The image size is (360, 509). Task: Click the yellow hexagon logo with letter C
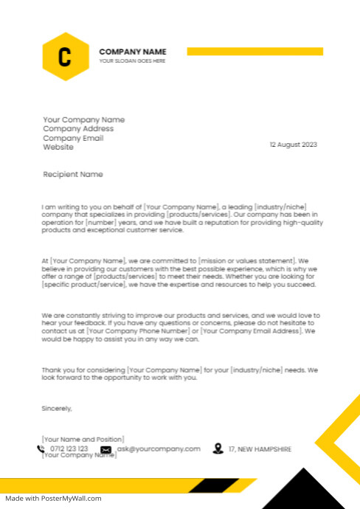pyautogui.click(x=66, y=57)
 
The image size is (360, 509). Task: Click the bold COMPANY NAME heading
pyautogui.click(x=133, y=52)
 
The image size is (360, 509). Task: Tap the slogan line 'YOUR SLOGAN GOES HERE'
pyautogui.click(x=133, y=61)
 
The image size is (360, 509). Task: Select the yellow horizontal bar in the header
pyautogui.click(x=255, y=51)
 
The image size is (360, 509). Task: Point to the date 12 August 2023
pyautogui.click(x=293, y=145)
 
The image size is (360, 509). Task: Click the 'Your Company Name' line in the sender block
pyautogui.click(x=83, y=120)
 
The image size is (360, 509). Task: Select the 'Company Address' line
pyautogui.click(x=78, y=128)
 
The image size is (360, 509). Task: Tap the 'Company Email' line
pyautogui.click(x=73, y=138)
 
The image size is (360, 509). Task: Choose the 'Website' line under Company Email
pyautogui.click(x=58, y=147)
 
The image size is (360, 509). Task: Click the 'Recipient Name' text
pyautogui.click(x=73, y=175)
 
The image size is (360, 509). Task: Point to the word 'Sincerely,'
pyautogui.click(x=57, y=408)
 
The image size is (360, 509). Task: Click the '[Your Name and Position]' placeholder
pyautogui.click(x=83, y=439)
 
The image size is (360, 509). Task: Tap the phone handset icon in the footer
pyautogui.click(x=41, y=449)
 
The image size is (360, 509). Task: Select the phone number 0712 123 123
pyautogui.click(x=69, y=449)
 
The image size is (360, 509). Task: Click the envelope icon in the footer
pyautogui.click(x=106, y=449)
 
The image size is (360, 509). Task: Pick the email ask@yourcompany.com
pyautogui.click(x=159, y=449)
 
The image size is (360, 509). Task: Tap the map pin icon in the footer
pyautogui.click(x=218, y=449)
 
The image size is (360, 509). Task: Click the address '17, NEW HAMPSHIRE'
pyautogui.click(x=260, y=449)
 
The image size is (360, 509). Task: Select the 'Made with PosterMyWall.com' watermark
pyautogui.click(x=53, y=498)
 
